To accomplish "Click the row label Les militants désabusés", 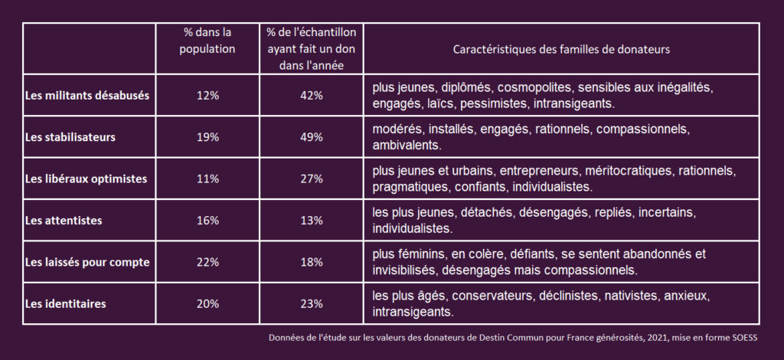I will (x=87, y=96).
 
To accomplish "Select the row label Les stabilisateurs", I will (x=70, y=137).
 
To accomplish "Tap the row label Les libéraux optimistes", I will (x=86, y=178).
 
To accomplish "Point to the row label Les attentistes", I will (x=64, y=221).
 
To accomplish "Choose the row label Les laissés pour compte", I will (x=87, y=262).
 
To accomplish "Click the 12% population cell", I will (x=207, y=96).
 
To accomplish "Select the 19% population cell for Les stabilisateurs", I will (x=207, y=137).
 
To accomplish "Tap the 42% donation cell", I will (x=312, y=96).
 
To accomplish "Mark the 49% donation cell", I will (x=312, y=137).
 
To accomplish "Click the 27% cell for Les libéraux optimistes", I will (x=312, y=178).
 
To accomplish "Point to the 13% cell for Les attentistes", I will (x=312, y=221).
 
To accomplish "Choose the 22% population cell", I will (x=207, y=262).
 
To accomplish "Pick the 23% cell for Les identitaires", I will (x=312, y=303).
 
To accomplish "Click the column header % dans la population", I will (x=207, y=41).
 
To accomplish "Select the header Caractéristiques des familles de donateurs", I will (x=561, y=49).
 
